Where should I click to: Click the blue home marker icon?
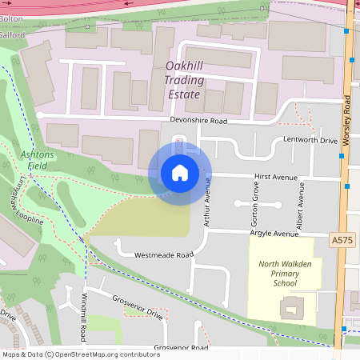point(179,172)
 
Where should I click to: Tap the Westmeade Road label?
point(164,255)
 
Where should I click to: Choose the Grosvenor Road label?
point(181,349)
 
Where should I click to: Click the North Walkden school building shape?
point(290,306)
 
